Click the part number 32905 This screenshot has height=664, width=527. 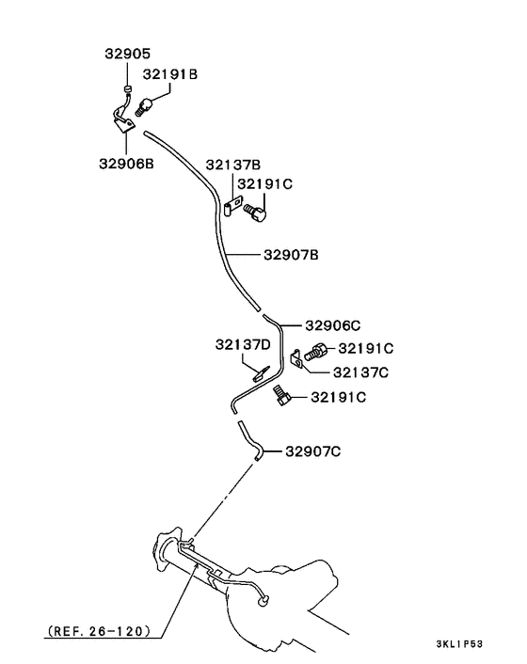pos(127,55)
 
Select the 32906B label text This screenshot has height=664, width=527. pos(125,163)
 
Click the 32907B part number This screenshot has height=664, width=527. pos(292,254)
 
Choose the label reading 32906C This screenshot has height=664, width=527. pos(333,325)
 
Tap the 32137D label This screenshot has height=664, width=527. pos(243,344)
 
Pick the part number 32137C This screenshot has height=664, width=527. pos(360,372)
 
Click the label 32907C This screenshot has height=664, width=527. pos(312,451)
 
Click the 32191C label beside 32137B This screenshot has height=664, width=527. pos(264,184)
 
